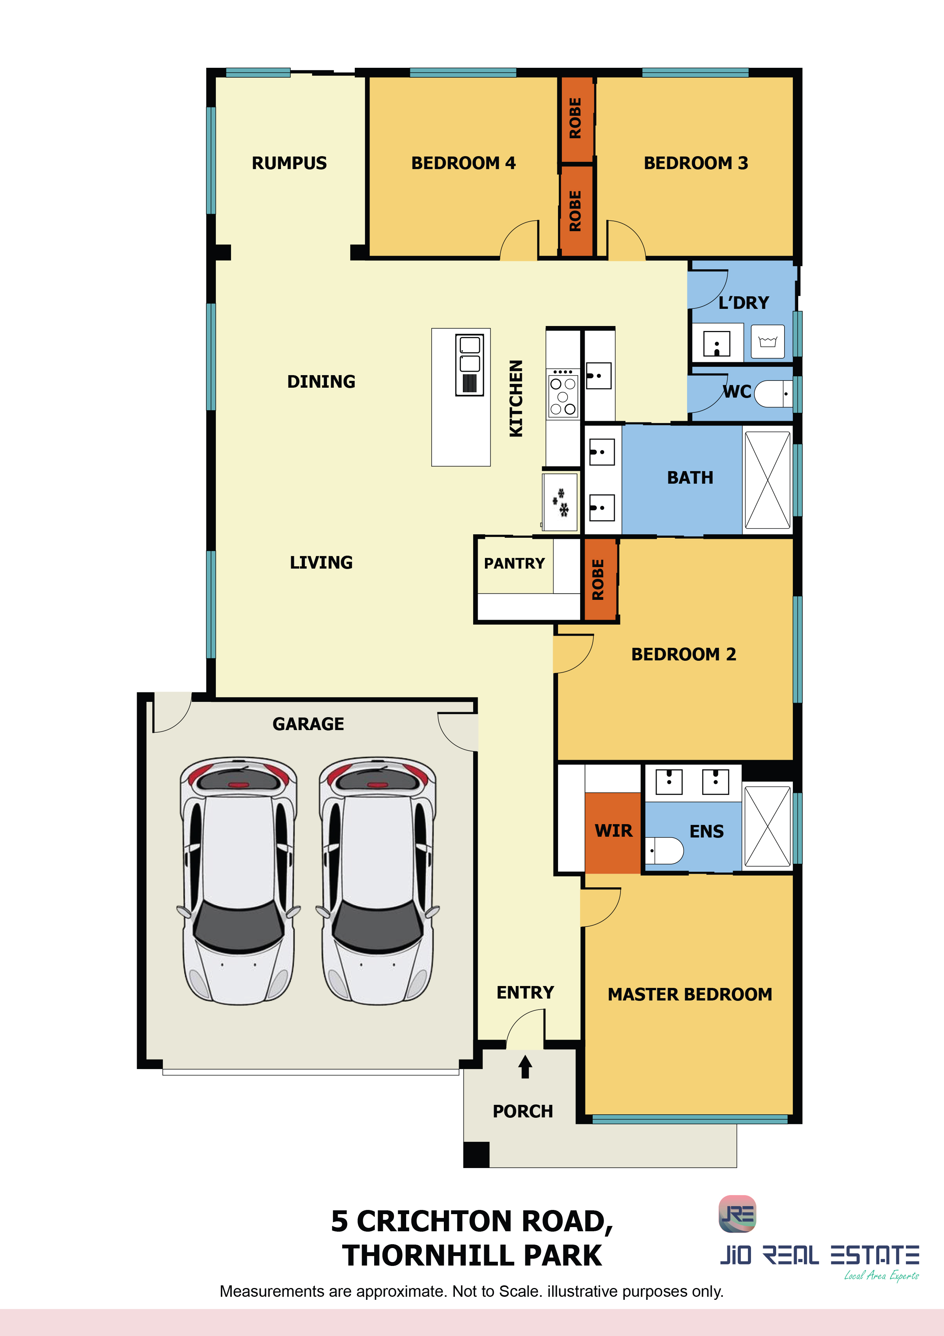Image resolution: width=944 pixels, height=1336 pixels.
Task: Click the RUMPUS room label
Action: point(289,163)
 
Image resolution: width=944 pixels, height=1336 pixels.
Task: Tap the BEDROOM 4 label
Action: point(464,163)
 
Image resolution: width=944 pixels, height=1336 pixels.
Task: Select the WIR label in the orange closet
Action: point(614,831)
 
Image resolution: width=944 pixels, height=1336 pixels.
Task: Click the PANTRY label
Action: point(514,563)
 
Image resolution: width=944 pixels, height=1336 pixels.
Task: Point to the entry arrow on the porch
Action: point(525,1067)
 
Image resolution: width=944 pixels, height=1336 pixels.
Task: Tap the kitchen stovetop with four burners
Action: point(563,394)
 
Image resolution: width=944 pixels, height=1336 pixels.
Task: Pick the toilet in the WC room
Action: point(773,394)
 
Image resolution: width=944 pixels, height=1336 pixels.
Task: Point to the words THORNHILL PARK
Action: point(472,1256)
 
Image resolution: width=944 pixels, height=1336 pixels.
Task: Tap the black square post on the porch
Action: point(476,1154)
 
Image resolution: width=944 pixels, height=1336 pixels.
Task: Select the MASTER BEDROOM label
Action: point(690,994)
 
